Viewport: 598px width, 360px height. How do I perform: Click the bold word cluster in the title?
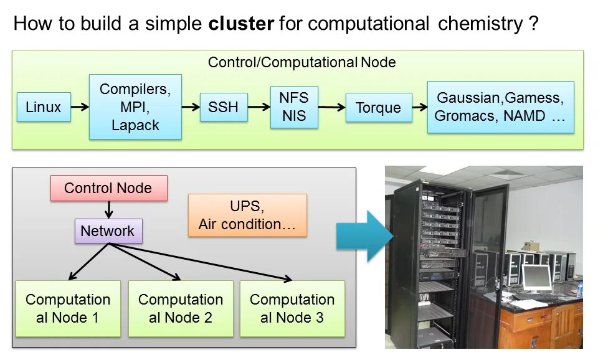241,24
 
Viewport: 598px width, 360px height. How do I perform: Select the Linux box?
44,107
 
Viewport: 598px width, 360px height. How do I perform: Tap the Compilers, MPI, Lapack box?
135,107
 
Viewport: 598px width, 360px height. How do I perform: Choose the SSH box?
223,107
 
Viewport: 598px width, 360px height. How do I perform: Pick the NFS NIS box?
294,107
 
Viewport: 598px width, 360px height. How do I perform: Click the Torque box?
378,108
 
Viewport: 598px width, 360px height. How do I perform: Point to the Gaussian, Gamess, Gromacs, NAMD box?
500,107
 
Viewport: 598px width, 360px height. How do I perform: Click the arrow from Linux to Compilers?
80,107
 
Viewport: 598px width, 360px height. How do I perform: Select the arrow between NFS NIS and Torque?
332,107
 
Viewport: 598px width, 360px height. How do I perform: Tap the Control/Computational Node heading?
301,62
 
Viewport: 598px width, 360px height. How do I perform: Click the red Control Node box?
108,188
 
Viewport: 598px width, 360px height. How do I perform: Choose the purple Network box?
108,231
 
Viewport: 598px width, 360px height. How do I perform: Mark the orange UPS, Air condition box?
247,215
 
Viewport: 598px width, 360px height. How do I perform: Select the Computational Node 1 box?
68,308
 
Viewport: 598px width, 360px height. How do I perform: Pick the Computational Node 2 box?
181,308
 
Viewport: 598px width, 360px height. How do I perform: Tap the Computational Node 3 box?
292,308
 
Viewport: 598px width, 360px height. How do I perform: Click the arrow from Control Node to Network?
108,210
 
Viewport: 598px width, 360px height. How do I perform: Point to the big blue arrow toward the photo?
365,236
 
